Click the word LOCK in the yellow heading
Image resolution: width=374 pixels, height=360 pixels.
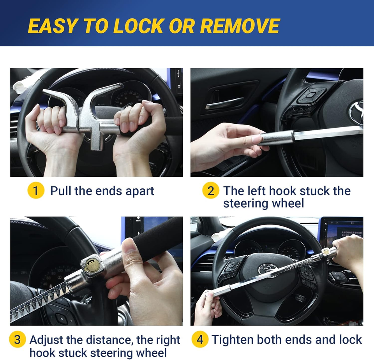point(139,26)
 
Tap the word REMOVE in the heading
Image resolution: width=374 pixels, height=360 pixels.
point(240,26)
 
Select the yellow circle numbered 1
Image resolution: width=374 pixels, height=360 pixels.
point(36,191)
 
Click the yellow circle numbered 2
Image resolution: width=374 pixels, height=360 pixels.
point(211,191)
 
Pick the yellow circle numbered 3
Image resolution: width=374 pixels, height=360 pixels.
point(18,339)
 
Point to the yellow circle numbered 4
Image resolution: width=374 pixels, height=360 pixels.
point(200,339)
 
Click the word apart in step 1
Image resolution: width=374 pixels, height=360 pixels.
point(140,191)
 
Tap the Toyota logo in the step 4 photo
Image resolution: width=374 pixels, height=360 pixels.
point(268,270)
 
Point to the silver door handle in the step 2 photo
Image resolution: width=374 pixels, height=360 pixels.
point(224,103)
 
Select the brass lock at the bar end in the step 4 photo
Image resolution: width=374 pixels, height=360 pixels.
point(326,251)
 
